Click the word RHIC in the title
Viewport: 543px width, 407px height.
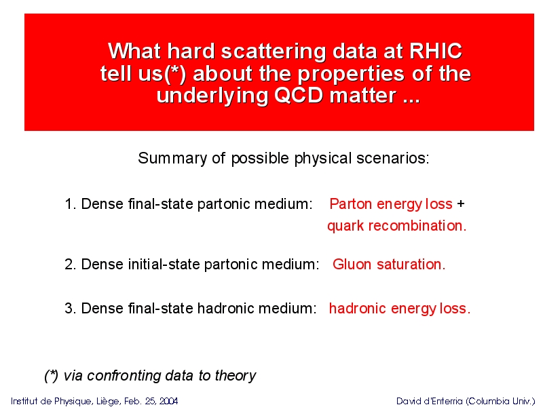[436, 52]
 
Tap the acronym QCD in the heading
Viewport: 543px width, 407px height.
[299, 95]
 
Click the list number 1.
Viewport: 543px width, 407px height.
[71, 204]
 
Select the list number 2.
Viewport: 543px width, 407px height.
[71, 265]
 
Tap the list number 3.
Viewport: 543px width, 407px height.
[71, 309]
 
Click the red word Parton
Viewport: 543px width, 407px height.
[350, 204]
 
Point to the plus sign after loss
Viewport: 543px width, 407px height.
[461, 203]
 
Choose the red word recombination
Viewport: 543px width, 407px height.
[417, 226]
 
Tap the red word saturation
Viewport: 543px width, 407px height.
[411, 265]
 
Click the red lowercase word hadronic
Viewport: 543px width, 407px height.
[358, 309]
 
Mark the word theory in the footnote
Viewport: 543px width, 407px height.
[236, 376]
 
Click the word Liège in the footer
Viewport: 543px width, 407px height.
[109, 402]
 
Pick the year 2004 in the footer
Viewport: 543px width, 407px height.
[168, 401]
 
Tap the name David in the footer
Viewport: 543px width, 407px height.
[407, 401]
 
